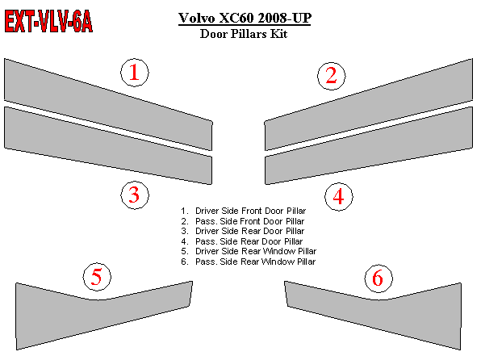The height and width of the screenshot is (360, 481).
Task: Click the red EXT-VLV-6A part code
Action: pyautogui.click(x=48, y=21)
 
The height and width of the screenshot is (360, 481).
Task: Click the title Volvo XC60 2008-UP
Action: pyautogui.click(x=245, y=18)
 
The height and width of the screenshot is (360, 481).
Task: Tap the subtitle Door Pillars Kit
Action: pyautogui.click(x=244, y=33)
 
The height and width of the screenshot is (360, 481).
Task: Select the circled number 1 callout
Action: pyautogui.click(x=135, y=73)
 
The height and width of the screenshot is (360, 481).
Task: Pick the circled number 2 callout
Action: pyautogui.click(x=332, y=76)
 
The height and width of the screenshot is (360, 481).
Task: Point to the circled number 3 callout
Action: pyautogui.click(x=135, y=195)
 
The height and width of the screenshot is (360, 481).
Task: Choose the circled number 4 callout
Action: pyautogui.click(x=339, y=196)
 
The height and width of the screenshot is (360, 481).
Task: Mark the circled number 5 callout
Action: pyautogui.click(x=97, y=277)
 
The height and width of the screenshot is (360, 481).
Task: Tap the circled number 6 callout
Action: pyautogui.click(x=379, y=278)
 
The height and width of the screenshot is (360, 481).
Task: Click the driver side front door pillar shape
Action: pyautogui.click(x=108, y=104)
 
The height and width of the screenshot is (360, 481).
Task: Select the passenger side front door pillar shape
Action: pyautogui.click(x=369, y=104)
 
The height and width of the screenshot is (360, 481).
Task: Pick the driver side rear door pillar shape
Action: pyautogui.click(x=108, y=145)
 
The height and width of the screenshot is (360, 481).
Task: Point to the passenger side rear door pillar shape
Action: pyautogui.click(x=369, y=145)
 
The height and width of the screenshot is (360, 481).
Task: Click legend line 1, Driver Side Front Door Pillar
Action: pyautogui.click(x=244, y=211)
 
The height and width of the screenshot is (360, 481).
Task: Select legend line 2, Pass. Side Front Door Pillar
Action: pyautogui.click(x=243, y=221)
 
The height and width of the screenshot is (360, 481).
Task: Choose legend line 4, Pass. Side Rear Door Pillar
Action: pyautogui.click(x=242, y=241)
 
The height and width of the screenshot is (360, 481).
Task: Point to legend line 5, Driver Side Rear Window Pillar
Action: pyautogui.click(x=249, y=251)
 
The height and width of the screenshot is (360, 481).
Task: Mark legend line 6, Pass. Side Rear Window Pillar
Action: pyautogui.click(x=249, y=262)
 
